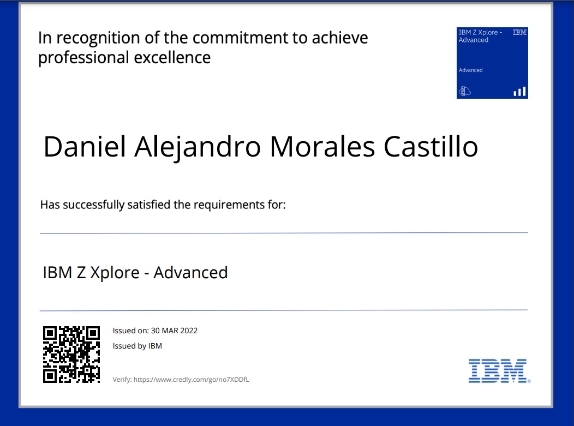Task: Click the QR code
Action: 71,355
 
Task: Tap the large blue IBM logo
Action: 499,371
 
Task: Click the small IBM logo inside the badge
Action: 519,32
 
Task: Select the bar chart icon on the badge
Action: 519,92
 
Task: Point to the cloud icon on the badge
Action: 465,91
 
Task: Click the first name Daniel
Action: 85,147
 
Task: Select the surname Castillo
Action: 431,147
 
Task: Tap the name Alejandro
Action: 198,147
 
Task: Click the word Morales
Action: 322,147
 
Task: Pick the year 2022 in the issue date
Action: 189,331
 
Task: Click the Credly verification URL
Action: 191,380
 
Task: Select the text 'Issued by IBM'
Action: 137,346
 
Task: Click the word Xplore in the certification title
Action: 115,273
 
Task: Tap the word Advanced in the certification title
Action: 191,273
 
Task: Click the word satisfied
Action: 150,205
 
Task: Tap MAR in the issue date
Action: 170,331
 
